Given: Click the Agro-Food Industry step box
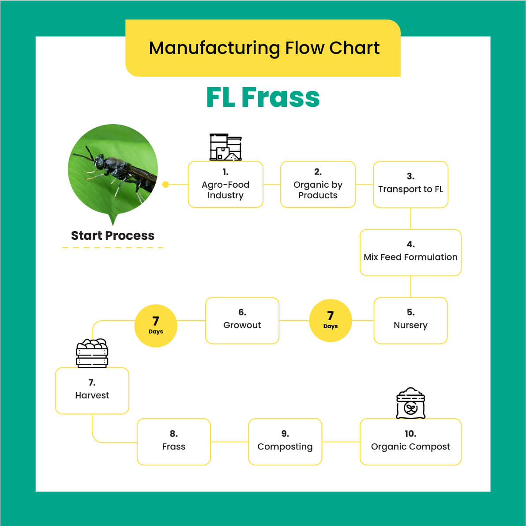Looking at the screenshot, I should tap(225, 185).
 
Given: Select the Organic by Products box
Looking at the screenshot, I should tap(318, 185).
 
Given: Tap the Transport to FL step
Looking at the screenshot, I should tap(410, 185).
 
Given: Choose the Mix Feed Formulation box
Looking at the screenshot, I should tap(410, 253).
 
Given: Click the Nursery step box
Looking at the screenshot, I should tap(410, 321).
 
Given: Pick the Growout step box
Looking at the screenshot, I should tap(242, 321).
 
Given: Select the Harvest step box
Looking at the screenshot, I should tap(92, 391).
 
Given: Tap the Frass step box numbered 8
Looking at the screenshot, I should tap(173, 442).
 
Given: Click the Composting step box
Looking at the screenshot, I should tap(285, 442).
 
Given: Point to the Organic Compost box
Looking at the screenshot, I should tap(410, 442).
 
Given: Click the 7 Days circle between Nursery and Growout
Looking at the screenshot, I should tap(330, 321).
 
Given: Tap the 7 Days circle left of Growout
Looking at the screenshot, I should tap(156, 326).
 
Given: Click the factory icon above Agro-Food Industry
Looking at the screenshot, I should tap(225, 147).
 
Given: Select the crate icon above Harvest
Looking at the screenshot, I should tap(92, 353).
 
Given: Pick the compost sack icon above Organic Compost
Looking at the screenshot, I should tap(410, 403).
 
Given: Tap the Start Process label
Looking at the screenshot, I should tap(113, 236).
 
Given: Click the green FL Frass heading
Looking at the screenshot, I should tap(263, 98).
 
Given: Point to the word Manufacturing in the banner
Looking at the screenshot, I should tap(214, 48).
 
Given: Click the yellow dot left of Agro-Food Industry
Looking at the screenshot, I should tap(165, 185).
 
